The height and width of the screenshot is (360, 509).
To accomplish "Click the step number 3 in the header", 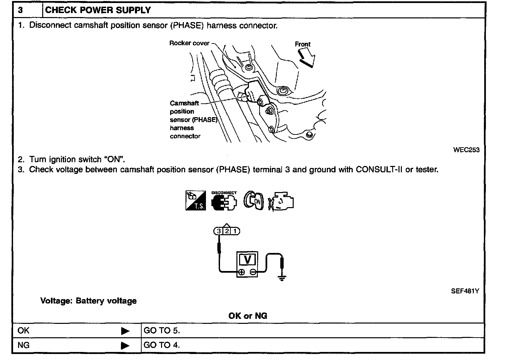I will click(21, 10).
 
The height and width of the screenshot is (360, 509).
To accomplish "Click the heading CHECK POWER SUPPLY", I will click(98, 10).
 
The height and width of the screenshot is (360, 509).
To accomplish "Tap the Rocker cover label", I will click(189, 43).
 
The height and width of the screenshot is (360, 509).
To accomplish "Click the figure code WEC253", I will click(466, 150).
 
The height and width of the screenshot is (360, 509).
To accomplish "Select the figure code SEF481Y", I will click(465, 291).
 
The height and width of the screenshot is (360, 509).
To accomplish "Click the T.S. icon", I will click(196, 200).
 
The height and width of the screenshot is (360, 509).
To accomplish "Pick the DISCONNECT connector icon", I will click(224, 201).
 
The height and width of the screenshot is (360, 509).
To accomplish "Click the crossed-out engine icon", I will click(281, 201).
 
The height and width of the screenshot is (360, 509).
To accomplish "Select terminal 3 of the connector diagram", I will click(219, 231).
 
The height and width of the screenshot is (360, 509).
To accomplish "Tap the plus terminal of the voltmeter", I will click(242, 272).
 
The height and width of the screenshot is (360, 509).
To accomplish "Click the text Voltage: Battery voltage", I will click(88, 301).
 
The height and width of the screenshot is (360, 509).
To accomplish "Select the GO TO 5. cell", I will click(162, 331).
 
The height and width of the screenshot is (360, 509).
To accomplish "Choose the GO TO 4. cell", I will click(162, 345).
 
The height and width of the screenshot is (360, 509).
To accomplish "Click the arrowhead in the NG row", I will click(125, 345).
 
